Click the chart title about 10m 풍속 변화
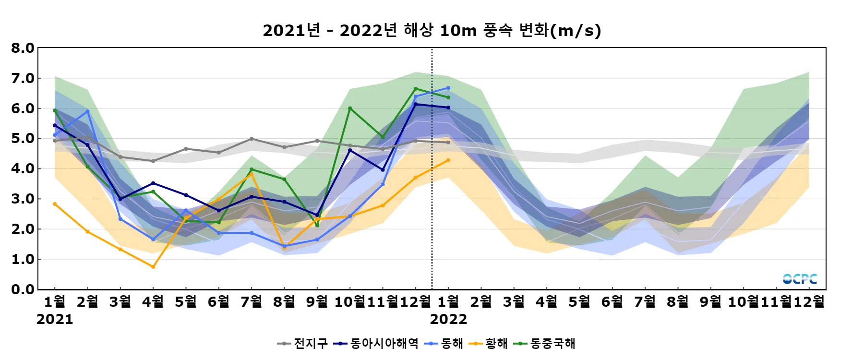[432, 31]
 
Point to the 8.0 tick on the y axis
[23, 48]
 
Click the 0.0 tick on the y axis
[23, 289]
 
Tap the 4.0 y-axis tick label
[23, 168]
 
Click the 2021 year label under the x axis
[55, 319]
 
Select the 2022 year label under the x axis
[448, 319]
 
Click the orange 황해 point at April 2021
[153, 266]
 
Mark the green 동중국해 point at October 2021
[350, 108]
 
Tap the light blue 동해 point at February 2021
[87, 111]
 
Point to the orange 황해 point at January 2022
[448, 160]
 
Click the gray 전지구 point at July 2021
[252, 139]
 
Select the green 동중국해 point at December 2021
[416, 89]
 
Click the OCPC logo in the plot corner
[800, 279]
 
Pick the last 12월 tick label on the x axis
[809, 301]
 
